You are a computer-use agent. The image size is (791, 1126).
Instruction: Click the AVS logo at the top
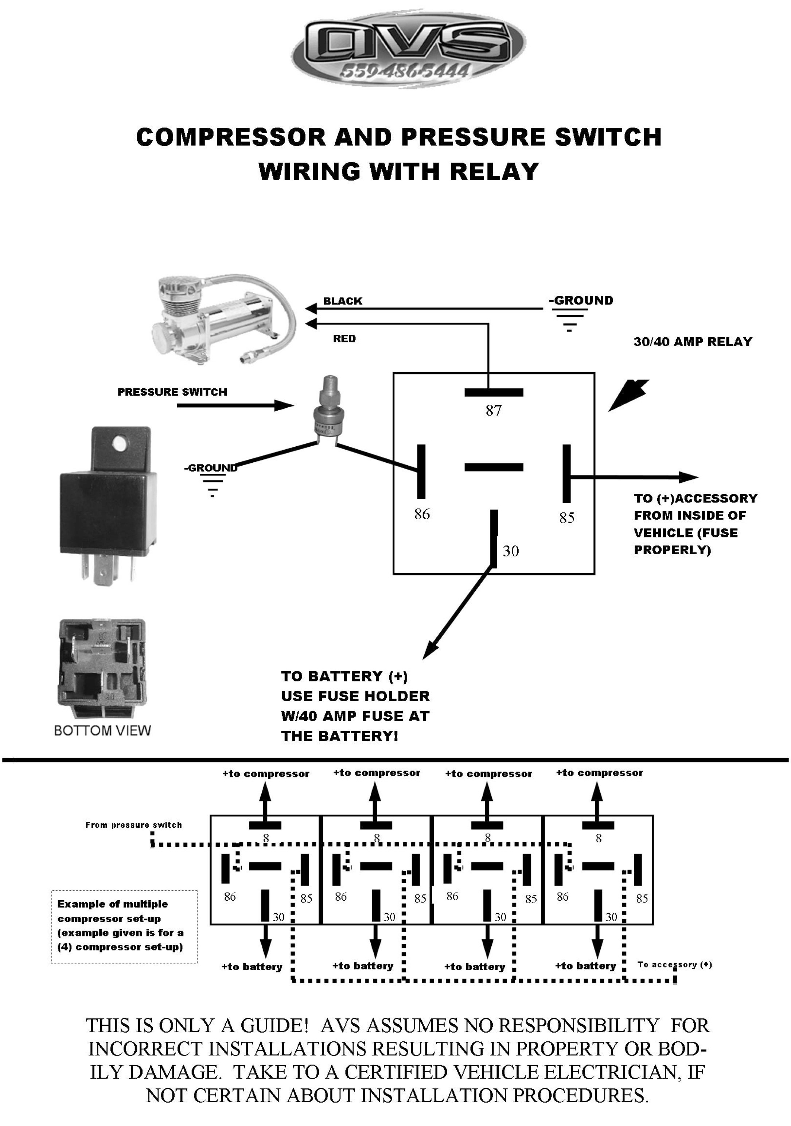click(x=409, y=49)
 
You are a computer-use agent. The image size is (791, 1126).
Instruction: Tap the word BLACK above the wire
click(x=342, y=301)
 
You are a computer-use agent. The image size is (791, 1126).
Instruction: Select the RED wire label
click(x=344, y=338)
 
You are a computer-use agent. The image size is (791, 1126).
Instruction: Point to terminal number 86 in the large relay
click(x=422, y=514)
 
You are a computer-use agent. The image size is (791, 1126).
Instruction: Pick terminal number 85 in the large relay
click(x=566, y=518)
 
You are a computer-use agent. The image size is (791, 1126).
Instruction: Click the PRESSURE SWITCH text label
click(x=172, y=392)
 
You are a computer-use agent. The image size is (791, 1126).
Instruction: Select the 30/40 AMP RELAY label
click(x=693, y=342)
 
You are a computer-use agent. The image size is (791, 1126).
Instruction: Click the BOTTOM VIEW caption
click(x=102, y=730)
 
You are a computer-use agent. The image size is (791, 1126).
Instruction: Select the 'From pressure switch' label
click(x=133, y=825)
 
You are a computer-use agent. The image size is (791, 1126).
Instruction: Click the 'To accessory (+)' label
click(x=674, y=965)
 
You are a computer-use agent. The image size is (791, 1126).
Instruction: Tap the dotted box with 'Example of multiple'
click(x=124, y=927)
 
